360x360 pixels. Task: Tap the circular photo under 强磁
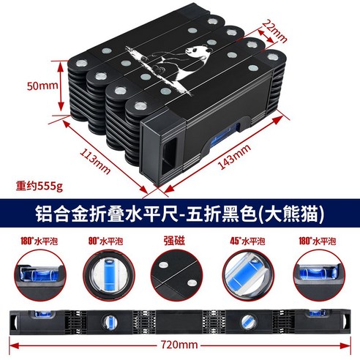[179, 272]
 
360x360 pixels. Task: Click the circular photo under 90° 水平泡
[111, 272]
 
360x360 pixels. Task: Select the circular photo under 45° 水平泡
[247, 272]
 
